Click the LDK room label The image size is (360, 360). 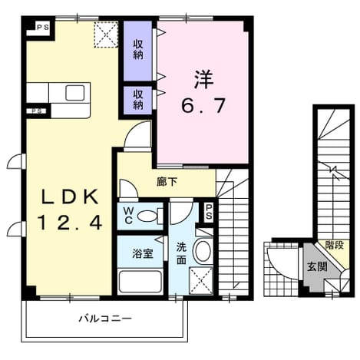click(70, 197)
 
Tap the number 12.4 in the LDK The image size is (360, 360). click(70, 223)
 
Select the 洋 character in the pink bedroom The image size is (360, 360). click(204, 79)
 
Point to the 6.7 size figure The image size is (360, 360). click(203, 106)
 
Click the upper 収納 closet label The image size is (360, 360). click(138, 50)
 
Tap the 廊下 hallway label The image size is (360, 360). click(167, 182)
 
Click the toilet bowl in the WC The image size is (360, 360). click(147, 216)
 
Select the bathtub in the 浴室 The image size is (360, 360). click(140, 281)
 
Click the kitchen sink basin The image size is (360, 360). click(74, 93)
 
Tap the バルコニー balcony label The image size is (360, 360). click(105, 319)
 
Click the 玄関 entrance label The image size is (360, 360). click(317, 267)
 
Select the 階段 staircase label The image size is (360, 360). click(334, 246)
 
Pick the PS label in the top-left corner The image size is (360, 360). click(43, 27)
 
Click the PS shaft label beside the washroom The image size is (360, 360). click(209, 212)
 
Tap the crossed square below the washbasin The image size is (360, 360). click(201, 281)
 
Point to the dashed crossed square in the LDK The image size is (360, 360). click(106, 35)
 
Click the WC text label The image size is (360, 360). click(128, 216)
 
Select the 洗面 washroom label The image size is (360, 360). click(181, 254)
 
